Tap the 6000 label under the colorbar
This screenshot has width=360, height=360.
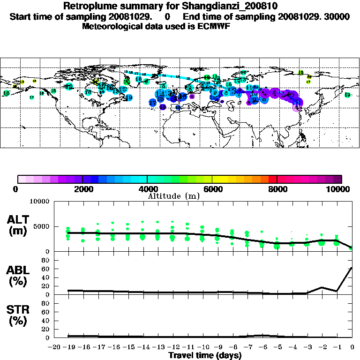[212, 189]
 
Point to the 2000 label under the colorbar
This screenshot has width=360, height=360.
[82, 189]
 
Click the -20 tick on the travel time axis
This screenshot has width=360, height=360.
[54, 347]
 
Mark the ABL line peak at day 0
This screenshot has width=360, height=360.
[352, 268]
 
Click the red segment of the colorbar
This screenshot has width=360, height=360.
[272, 179]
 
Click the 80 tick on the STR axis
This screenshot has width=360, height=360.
[46, 303]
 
